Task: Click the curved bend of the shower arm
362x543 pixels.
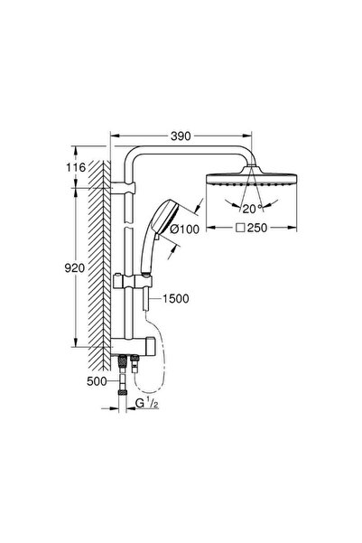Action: coord(135,163)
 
